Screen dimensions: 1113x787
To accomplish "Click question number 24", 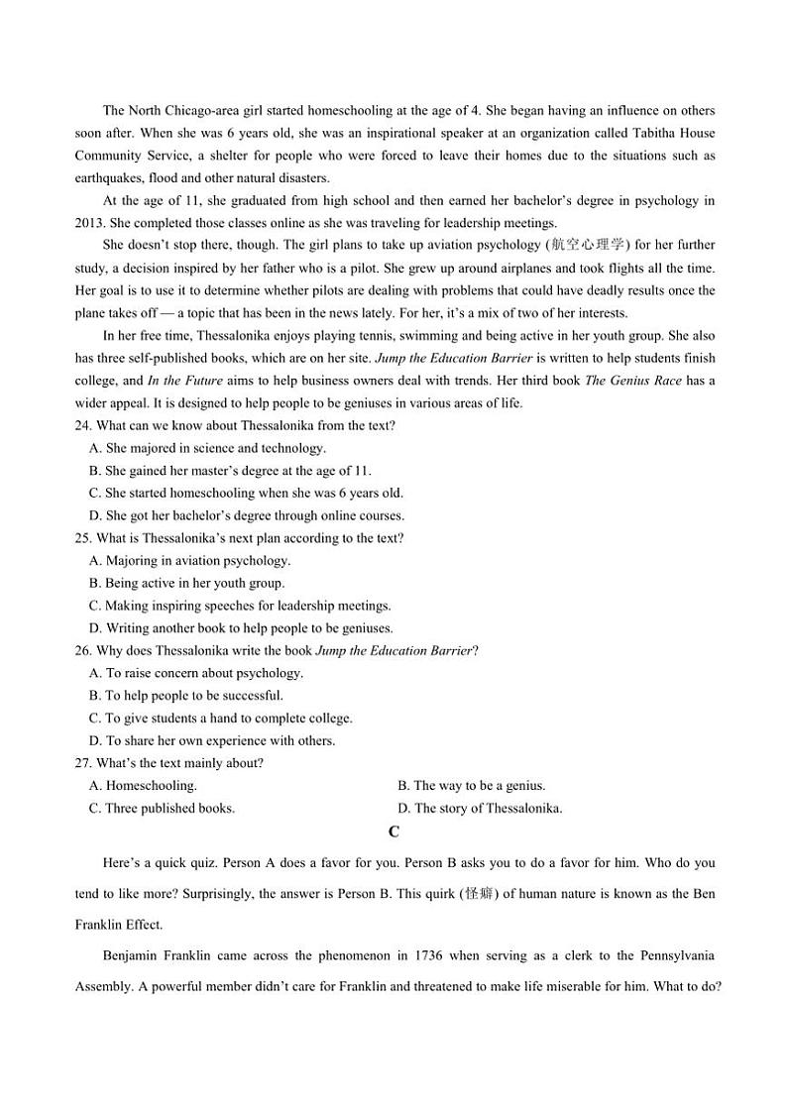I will (x=83, y=425).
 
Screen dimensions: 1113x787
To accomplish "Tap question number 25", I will (x=83, y=538).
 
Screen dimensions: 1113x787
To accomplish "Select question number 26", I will (x=83, y=650).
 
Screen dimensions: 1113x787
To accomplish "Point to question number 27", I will (x=83, y=763).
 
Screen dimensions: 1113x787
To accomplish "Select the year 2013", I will (x=89, y=223).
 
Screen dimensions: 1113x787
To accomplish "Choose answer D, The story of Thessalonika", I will (x=480, y=808).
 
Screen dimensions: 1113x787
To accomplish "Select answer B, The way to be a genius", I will (x=471, y=786).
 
